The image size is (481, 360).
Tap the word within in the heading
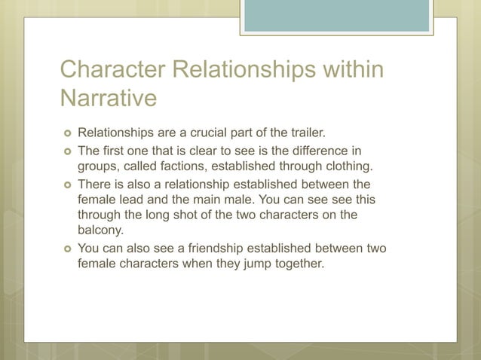350,70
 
